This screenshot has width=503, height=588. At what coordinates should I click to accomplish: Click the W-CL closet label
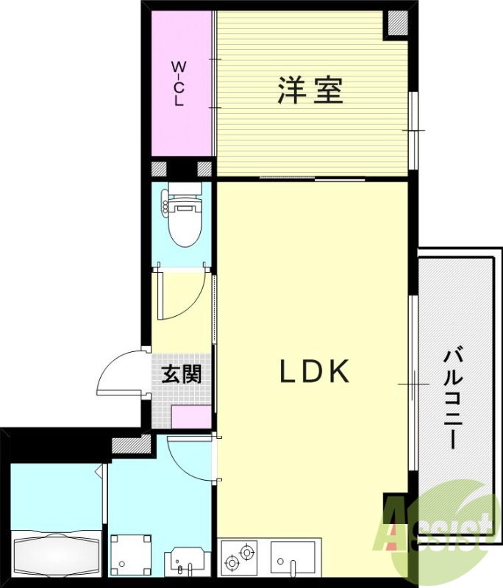178,85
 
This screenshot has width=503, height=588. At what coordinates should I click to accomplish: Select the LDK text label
314,373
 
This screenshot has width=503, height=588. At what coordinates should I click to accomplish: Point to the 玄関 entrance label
181,374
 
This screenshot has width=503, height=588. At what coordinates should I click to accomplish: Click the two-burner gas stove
240,556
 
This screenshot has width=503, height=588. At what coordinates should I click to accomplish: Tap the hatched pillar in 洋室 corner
397,24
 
